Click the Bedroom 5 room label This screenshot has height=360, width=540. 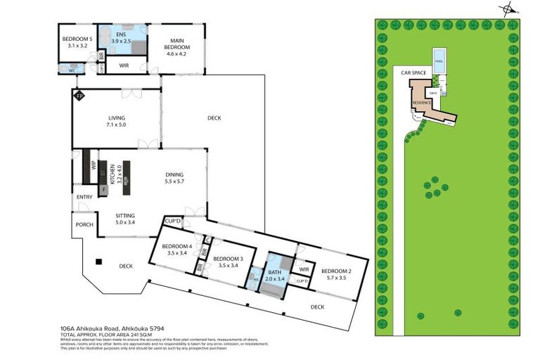(x=77, y=41)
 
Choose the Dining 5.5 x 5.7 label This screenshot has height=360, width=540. (x=174, y=178)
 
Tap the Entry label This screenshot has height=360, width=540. (x=84, y=197)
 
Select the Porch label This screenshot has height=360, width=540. (x=84, y=224)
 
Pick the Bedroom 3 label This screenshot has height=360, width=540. (x=227, y=262)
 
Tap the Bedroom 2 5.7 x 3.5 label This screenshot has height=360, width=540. (x=336, y=274)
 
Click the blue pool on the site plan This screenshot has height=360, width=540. (x=439, y=57)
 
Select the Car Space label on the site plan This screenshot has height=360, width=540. (x=414, y=72)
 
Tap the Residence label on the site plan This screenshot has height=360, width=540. (x=421, y=103)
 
